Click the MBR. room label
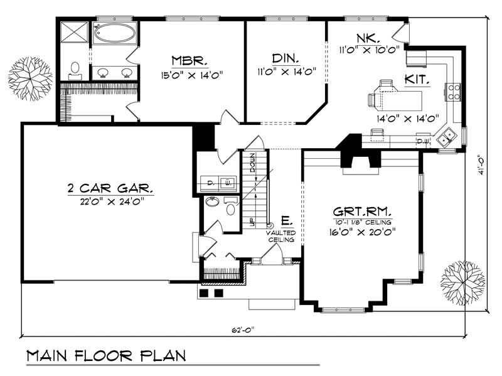188,60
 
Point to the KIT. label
417,80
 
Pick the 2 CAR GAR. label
110,188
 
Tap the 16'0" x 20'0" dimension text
363,232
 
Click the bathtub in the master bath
114,33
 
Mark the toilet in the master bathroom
75,68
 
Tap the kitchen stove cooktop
453,92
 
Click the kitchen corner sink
448,137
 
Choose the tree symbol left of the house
29,78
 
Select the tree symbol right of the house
463,282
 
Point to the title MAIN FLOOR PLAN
106,356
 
